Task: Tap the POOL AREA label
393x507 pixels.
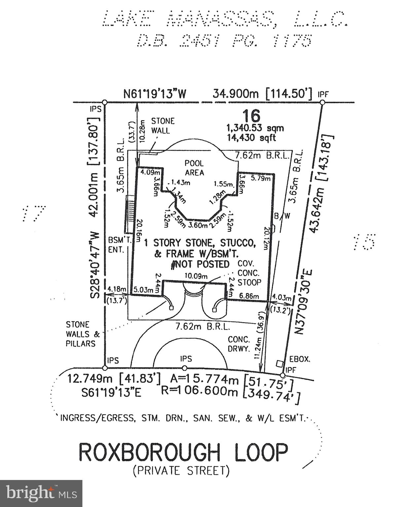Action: (194, 168)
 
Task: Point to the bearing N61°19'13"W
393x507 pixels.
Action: (155, 94)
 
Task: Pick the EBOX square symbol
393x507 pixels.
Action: (280, 364)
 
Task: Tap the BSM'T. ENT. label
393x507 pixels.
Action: (116, 245)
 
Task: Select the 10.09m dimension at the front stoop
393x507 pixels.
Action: (196, 276)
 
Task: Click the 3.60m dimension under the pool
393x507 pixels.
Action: (198, 226)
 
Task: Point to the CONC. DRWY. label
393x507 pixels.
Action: (239, 344)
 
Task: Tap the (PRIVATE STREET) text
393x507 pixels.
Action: (181, 470)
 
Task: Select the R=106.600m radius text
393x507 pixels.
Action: (199, 391)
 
